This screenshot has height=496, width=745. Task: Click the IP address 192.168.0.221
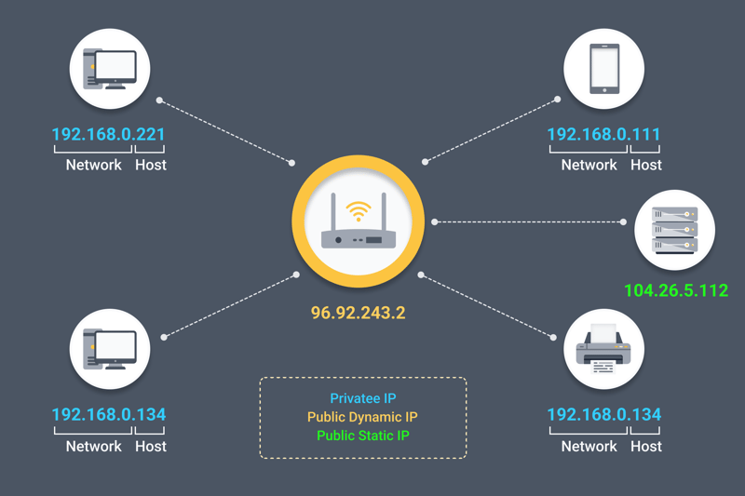[108, 134]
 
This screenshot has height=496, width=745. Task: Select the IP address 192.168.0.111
[603, 134]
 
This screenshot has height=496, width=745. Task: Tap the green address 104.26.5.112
[675, 290]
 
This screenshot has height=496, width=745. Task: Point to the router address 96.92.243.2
[358, 313]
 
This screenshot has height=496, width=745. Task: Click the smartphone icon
[604, 69]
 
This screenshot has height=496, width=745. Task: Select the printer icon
[604, 349]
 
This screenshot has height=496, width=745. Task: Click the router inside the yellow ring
[358, 238]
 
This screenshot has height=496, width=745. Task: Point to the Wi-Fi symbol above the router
[358, 209]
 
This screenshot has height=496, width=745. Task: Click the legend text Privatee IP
[363, 398]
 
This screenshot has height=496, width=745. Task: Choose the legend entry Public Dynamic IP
[363, 417]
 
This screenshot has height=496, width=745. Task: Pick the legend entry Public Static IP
[363, 435]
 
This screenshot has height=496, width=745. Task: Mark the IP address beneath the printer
[603, 414]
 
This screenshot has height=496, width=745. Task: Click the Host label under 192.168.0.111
[646, 165]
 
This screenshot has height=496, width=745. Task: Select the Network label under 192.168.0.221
[93, 165]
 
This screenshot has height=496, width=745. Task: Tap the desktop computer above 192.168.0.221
[110, 69]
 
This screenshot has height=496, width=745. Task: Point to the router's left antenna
[333, 212]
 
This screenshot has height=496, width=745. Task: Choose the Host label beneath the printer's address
[646, 446]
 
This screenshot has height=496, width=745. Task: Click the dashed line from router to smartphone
[491, 130]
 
